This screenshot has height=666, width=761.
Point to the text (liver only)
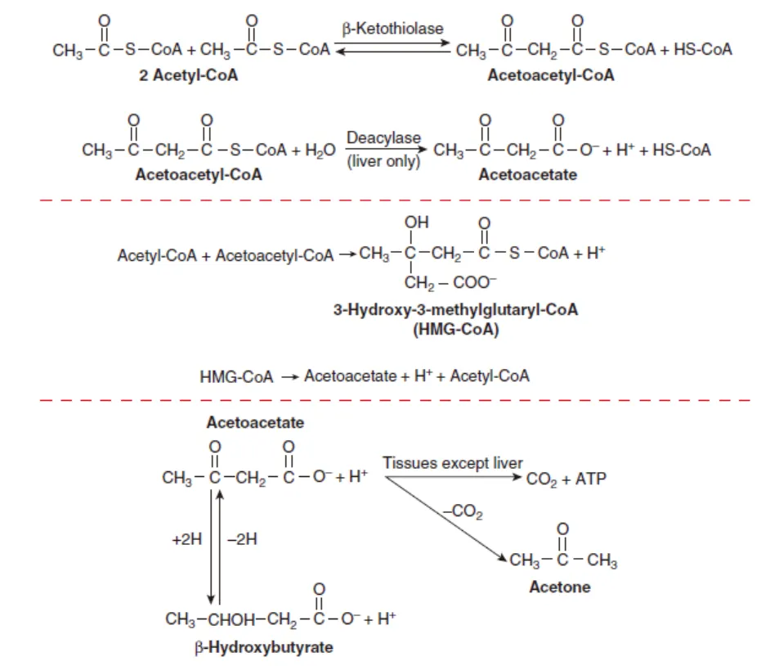pyautogui.click(x=383, y=162)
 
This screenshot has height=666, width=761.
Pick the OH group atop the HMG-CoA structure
pyautogui.click(x=417, y=223)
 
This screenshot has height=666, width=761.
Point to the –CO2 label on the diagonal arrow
pyautogui.click(x=463, y=514)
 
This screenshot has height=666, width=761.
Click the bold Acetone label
pyautogui.click(x=560, y=587)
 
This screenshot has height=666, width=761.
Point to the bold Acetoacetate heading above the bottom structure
pyautogui.click(x=255, y=422)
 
